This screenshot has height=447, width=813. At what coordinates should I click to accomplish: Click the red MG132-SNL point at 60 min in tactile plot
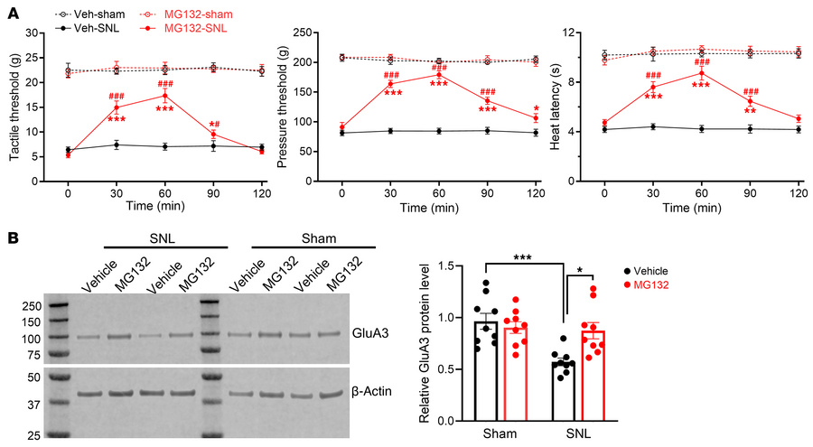click(x=164, y=96)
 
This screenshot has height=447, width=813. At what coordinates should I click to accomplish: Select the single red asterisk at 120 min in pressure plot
click(x=535, y=107)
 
